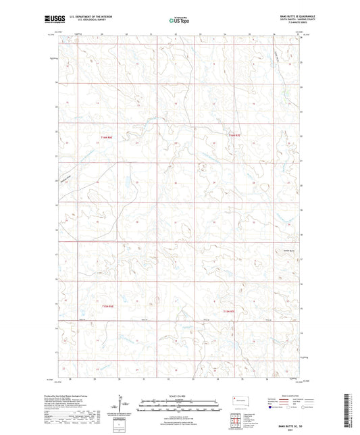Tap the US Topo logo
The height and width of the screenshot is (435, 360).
pos(180,20)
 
